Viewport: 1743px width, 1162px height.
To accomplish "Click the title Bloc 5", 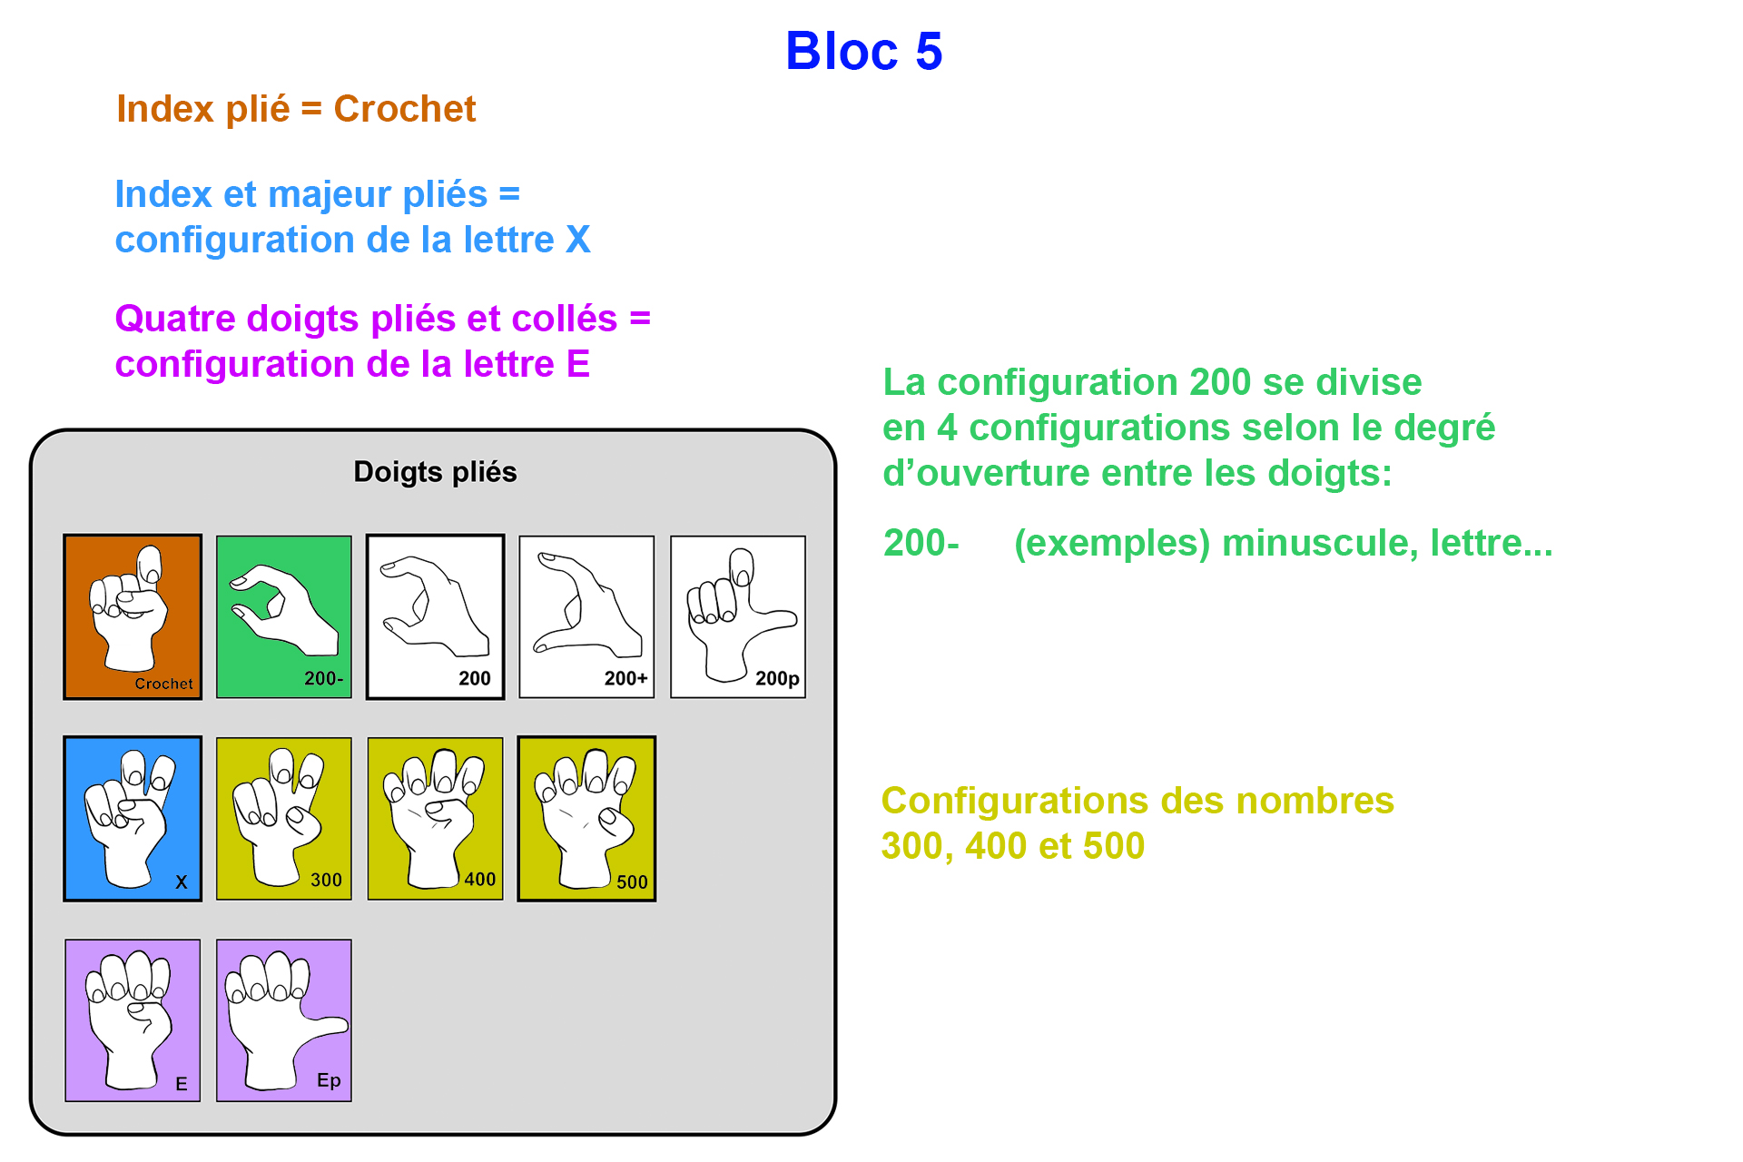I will (x=863, y=51).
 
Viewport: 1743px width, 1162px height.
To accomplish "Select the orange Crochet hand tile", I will (x=133, y=616).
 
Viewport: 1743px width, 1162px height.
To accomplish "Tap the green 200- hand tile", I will (x=284, y=616).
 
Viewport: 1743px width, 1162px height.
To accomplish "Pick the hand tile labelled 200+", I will (x=586, y=616).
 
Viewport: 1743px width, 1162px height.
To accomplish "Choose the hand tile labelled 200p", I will (x=738, y=616).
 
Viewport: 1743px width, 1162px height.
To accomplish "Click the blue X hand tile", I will (x=133, y=818).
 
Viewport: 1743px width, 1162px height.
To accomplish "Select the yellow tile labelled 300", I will (x=284, y=818).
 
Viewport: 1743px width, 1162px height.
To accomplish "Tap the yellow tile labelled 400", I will (x=435, y=818).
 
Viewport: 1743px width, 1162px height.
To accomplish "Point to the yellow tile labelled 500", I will (x=586, y=818).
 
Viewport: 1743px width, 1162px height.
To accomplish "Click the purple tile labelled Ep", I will (x=284, y=1019).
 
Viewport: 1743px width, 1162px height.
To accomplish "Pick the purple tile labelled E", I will (x=133, y=1019).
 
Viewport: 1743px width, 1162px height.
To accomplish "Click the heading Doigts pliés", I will (x=435, y=472).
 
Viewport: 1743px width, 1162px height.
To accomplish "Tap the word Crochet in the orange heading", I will (x=404, y=109).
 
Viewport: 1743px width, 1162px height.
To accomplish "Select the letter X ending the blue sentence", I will (x=578, y=240).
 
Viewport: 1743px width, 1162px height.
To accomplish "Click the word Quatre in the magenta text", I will (x=175, y=319).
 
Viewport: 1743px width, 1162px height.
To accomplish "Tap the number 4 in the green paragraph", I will (x=947, y=428).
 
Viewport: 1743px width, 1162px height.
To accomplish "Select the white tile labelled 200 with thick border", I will (x=435, y=616).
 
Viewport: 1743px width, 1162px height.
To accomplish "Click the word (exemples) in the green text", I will (x=1112, y=543).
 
